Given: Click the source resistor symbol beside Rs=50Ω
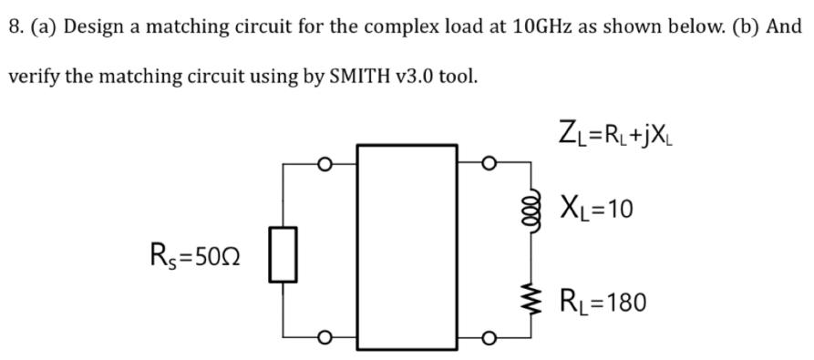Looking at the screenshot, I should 283,254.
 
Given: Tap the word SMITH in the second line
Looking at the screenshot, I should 334,76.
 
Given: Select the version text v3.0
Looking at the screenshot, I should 397,76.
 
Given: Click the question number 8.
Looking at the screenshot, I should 15,26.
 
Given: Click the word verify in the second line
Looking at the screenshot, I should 33,76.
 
